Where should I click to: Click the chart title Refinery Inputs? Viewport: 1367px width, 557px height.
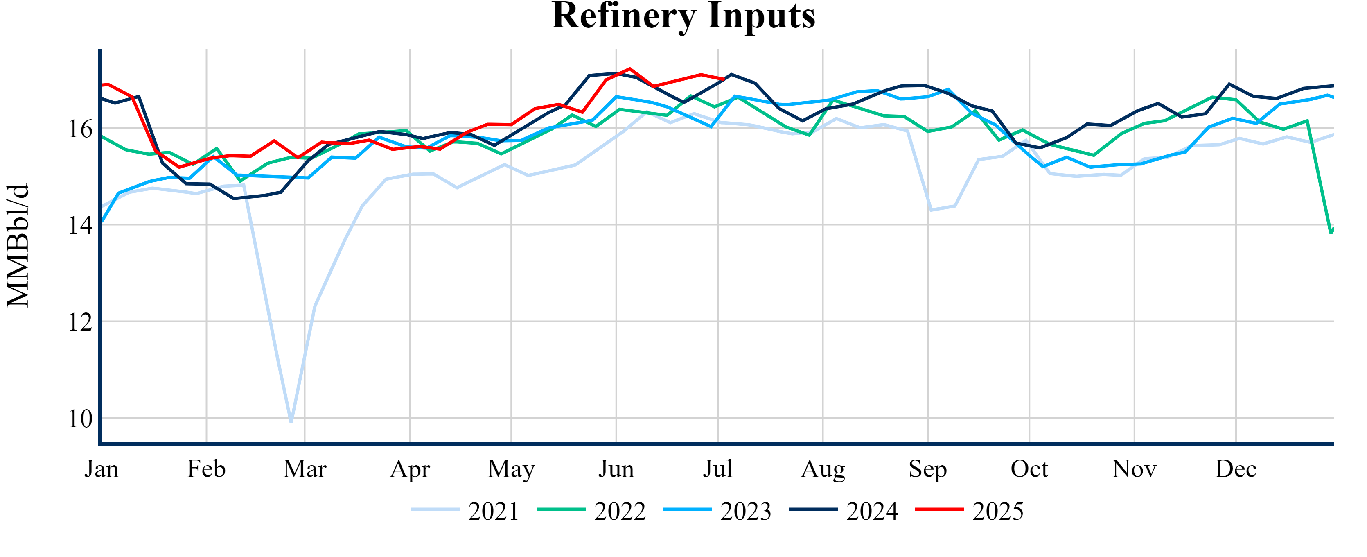683,16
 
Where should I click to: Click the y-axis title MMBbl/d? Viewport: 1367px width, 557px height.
18,245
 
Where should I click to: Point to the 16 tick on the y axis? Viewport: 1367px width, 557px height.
80,129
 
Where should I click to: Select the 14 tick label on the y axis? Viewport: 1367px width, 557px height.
80,226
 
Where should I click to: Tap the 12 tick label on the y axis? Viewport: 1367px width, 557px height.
80,322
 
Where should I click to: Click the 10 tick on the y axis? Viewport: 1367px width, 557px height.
80,419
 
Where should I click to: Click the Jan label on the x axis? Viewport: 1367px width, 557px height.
102,469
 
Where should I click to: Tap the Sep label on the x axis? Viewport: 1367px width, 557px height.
927,469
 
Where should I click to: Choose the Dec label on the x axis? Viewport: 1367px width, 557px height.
1236,469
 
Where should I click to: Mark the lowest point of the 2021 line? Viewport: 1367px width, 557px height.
291,421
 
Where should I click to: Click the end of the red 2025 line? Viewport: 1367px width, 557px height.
724,79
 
